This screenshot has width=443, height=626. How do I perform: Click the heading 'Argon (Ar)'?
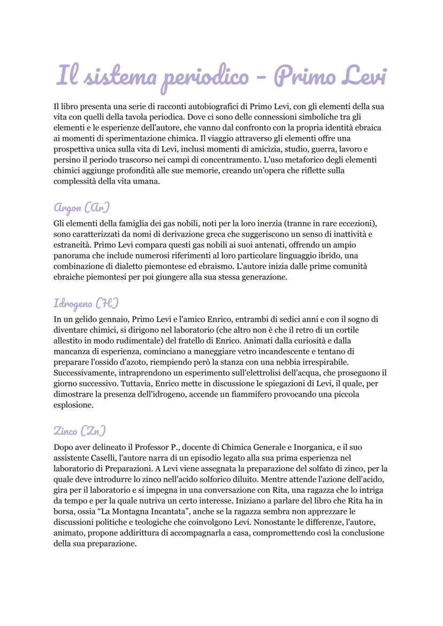pos(82,207)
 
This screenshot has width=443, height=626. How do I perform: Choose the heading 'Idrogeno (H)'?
pos(86,303)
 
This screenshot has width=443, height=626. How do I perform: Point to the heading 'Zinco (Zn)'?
pos(80,431)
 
